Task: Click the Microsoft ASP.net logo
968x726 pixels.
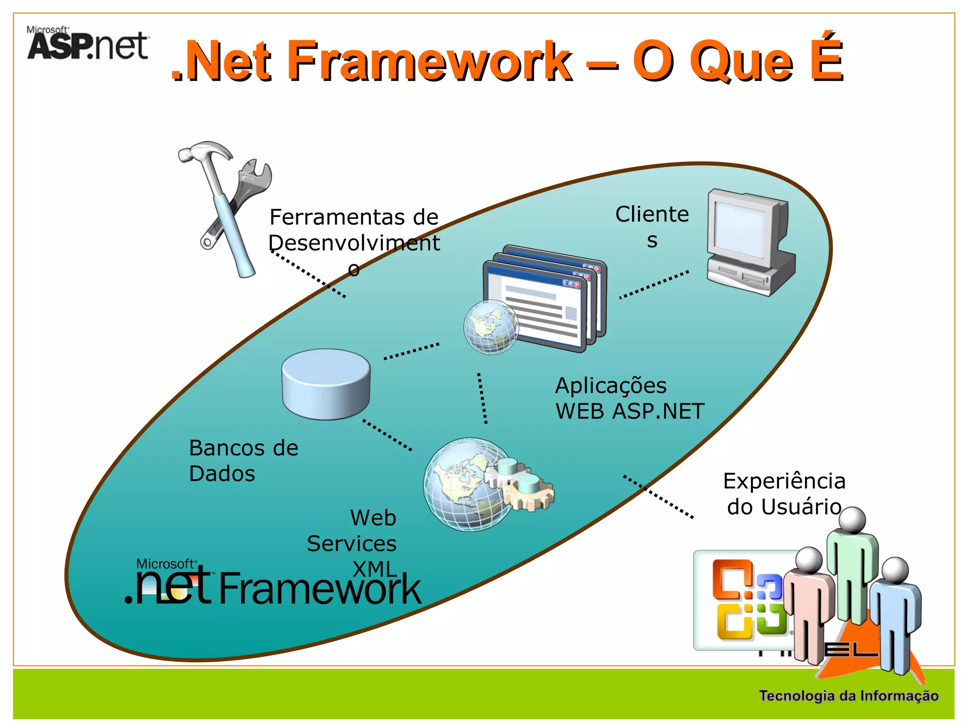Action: [88, 43]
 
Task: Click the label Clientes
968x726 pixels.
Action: [652, 227]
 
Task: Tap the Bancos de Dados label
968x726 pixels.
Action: [243, 460]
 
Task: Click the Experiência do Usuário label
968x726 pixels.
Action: [784, 493]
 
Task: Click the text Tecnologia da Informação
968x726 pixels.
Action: [848, 696]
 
